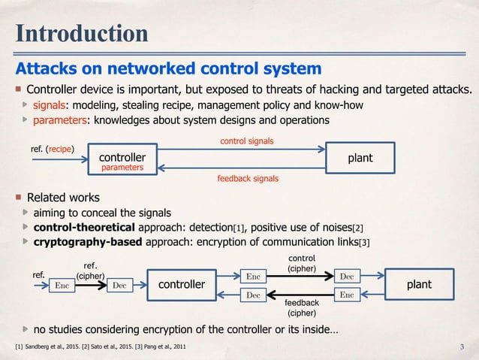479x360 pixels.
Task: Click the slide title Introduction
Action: (83, 34)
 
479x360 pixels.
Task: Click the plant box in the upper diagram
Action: (360, 158)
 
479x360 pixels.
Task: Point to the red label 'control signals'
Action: (246, 141)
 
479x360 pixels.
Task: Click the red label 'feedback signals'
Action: (247, 179)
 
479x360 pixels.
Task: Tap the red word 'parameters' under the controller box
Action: (122, 168)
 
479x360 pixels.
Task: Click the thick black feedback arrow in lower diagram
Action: (300, 295)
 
